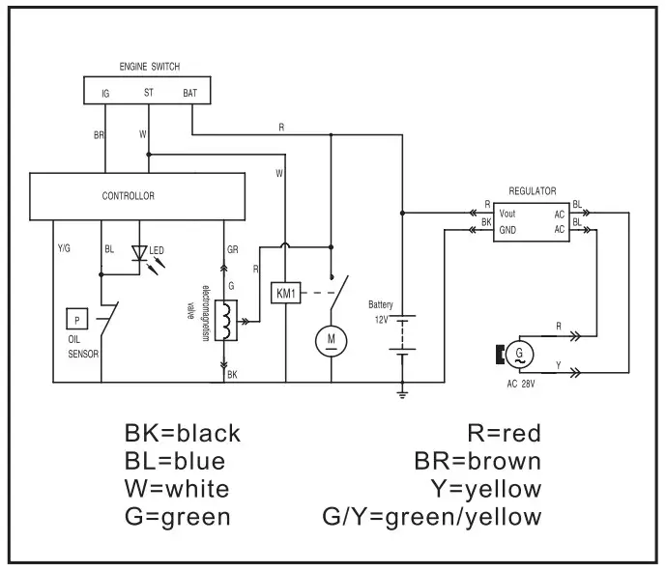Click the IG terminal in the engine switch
(104, 93)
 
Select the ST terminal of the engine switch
(148, 93)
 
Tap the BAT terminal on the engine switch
(190, 93)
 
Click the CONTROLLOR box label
(128, 196)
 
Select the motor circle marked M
(331, 339)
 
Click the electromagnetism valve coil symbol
(226, 320)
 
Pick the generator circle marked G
(521, 354)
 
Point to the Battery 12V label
(379, 310)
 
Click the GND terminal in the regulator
(507, 231)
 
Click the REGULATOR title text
(531, 192)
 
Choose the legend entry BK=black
(182, 433)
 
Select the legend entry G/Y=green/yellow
(431, 517)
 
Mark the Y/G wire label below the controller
(64, 248)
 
